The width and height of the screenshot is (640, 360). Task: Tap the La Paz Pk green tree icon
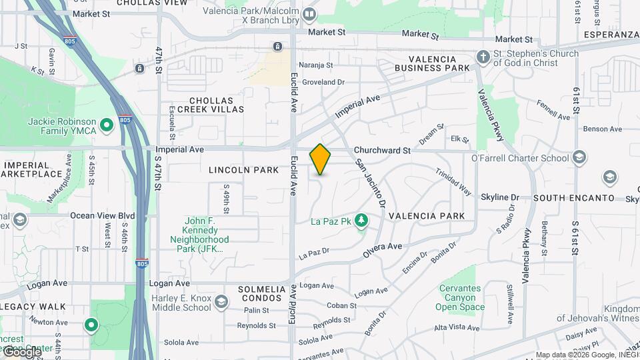pos(361,219)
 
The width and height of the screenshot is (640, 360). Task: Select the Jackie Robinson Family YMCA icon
pos(105,125)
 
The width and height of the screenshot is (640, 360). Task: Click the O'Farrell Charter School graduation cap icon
pos(579,158)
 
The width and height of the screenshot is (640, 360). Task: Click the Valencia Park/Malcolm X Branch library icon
pos(309,14)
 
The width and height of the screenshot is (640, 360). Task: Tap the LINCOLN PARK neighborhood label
pos(243,170)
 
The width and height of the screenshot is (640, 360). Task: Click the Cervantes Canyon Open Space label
pos(460,297)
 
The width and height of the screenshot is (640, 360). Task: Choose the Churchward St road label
pos(382,151)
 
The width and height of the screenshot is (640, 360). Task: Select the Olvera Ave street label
pos(383,250)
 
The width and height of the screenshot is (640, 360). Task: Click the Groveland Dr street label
pos(323,82)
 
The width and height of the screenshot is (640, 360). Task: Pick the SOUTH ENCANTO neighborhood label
pos(573,198)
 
